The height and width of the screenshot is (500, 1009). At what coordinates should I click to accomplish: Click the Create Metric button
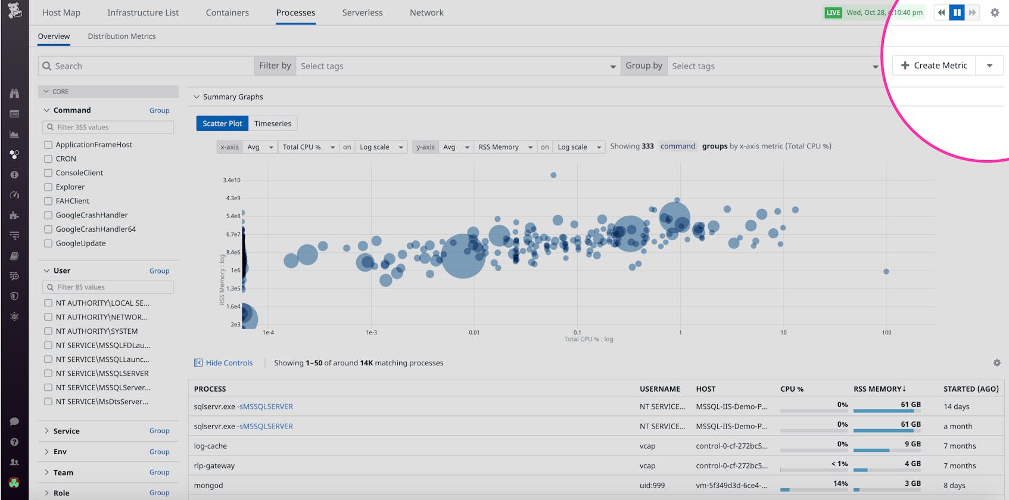pos(934,66)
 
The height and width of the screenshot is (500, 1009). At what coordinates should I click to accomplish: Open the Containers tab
pos(227,13)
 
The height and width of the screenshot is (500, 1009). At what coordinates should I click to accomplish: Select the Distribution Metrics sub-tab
pos(122,36)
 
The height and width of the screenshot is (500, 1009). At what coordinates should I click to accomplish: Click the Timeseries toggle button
pos(272,123)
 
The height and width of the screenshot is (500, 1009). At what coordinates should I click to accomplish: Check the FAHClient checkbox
pos(48,201)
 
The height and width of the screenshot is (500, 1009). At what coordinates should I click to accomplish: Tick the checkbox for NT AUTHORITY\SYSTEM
pos(48,331)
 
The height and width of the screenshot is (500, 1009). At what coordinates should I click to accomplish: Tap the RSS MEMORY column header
pos(879,389)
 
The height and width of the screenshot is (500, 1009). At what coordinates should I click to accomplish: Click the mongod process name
pos(208,485)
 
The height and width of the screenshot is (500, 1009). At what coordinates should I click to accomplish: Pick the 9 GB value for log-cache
pos(912,444)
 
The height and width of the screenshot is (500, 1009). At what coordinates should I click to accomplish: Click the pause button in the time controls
pos(957,13)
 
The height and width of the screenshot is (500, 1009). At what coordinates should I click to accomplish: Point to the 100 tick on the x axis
pos(886,333)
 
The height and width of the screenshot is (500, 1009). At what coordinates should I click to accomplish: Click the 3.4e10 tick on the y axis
pos(232,180)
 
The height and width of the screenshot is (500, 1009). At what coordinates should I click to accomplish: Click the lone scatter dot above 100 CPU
pos(886,271)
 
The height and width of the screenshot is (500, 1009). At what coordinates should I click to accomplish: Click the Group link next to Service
pos(159,431)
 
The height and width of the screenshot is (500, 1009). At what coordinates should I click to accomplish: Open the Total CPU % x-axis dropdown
pos(308,147)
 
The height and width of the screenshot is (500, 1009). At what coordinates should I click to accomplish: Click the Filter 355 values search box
pos(108,127)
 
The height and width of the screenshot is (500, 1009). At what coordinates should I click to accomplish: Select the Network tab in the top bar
pos(426,13)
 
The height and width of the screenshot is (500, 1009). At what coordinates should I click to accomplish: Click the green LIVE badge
pos(833,13)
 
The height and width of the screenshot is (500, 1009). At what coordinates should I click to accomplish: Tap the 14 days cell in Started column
pos(956,406)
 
